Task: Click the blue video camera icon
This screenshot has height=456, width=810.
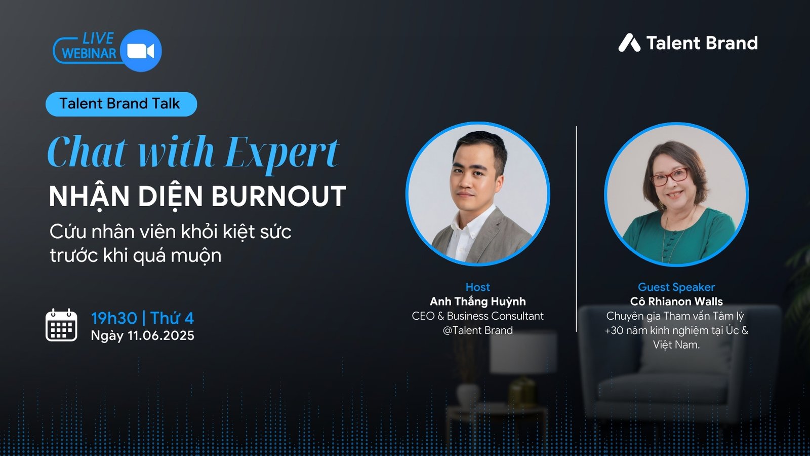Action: point(141,51)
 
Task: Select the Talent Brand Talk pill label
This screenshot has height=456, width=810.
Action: point(121,104)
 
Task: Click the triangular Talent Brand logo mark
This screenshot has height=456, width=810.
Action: point(629,43)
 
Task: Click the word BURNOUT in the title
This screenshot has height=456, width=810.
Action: point(278,197)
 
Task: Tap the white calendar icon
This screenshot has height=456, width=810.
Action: point(61,325)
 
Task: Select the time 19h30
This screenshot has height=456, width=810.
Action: point(114,318)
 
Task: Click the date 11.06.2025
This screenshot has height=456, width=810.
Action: point(161,335)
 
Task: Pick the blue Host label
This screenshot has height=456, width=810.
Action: point(478,287)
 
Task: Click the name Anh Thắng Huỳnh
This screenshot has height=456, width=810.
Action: point(478,301)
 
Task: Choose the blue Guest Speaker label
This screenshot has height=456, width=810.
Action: point(676,287)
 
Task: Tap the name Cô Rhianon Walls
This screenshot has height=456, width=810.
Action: point(676,301)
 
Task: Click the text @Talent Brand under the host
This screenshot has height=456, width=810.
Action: point(478,330)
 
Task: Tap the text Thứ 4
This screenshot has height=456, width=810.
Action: point(172,318)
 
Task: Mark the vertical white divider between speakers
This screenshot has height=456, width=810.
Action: point(576,229)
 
